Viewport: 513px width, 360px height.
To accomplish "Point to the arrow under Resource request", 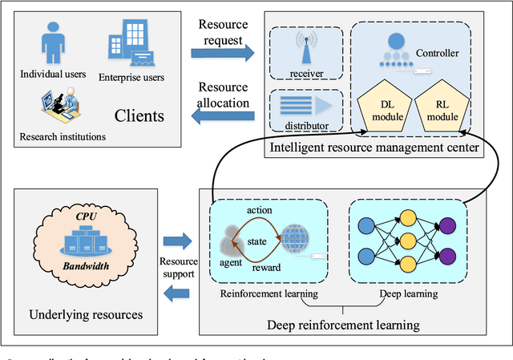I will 222,54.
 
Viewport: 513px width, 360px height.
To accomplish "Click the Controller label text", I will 438,54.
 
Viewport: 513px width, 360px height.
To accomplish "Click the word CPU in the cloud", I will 86,216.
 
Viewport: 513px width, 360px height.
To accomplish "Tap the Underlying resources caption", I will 87,314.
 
